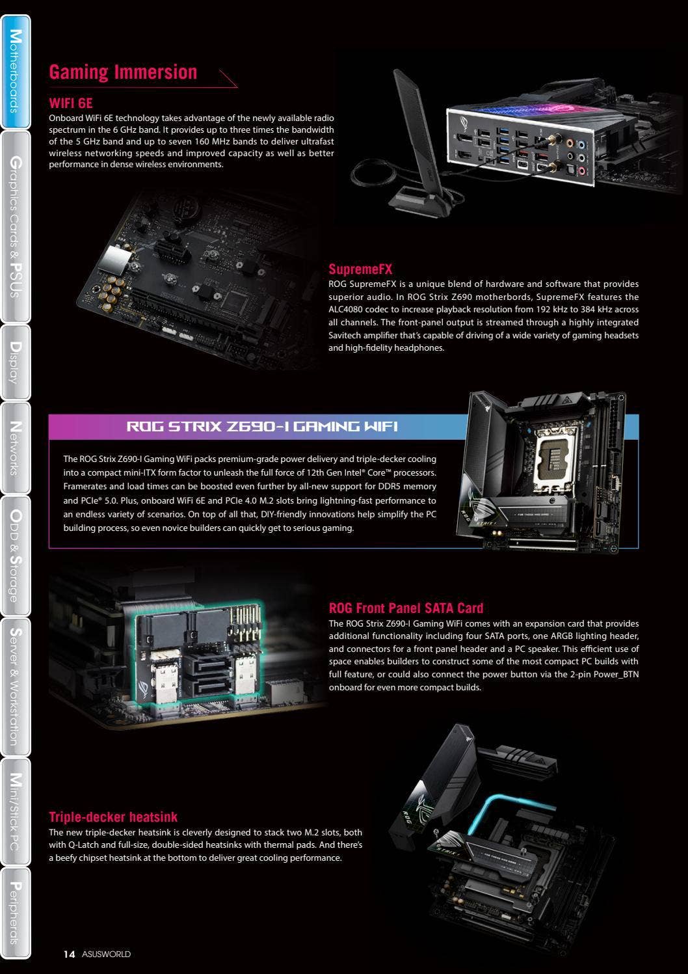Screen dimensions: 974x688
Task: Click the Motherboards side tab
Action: (x=15, y=72)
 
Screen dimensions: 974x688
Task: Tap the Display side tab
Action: (x=15, y=362)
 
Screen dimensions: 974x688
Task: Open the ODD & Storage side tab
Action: (x=15, y=555)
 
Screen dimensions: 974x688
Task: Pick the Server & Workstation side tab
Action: (x=15, y=686)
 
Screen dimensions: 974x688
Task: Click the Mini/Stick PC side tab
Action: (x=15, y=811)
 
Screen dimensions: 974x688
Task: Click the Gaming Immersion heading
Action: (x=123, y=72)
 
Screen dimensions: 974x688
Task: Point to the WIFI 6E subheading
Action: (x=71, y=103)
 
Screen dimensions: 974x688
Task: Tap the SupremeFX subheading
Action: (x=360, y=269)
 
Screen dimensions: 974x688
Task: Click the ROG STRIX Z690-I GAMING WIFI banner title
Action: (x=261, y=427)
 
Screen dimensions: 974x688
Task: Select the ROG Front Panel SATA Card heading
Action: (x=406, y=608)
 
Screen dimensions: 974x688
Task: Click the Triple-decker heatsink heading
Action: (x=113, y=817)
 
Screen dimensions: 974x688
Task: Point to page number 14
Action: (x=69, y=954)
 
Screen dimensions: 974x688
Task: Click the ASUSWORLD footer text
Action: (x=106, y=954)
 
